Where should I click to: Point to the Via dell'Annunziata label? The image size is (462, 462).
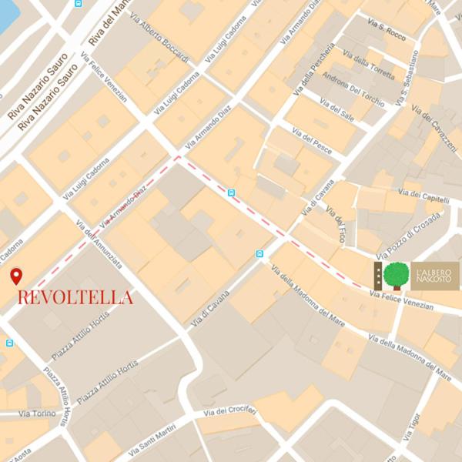[x=99, y=244]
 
